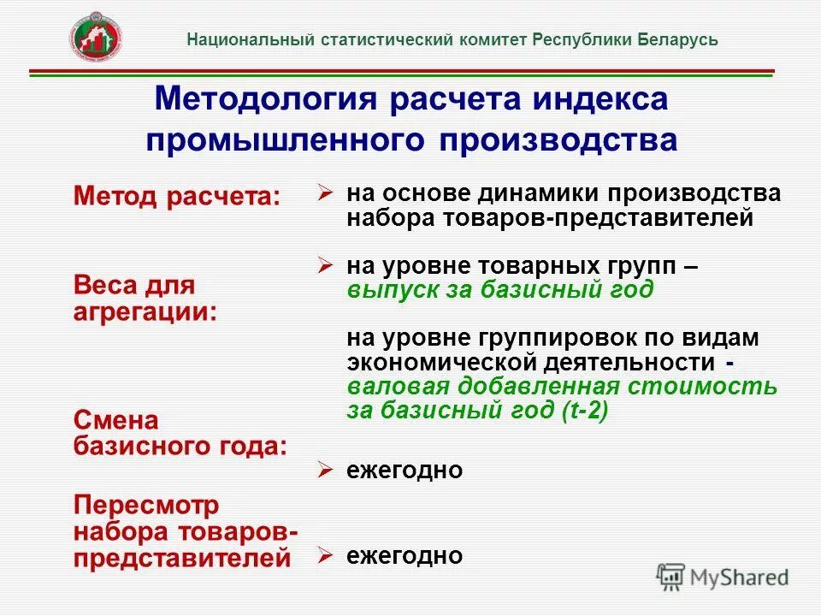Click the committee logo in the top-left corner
click(x=95, y=39)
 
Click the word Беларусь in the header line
click(x=676, y=40)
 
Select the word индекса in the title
click(x=599, y=99)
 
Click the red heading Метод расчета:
click(x=177, y=197)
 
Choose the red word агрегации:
click(x=145, y=311)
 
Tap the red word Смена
click(x=116, y=420)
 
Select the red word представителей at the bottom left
click(x=182, y=559)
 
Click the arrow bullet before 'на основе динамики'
click(x=325, y=192)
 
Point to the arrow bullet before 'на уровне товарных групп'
click(x=325, y=266)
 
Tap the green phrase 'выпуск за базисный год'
click(x=500, y=290)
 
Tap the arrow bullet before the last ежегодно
click(x=325, y=555)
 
